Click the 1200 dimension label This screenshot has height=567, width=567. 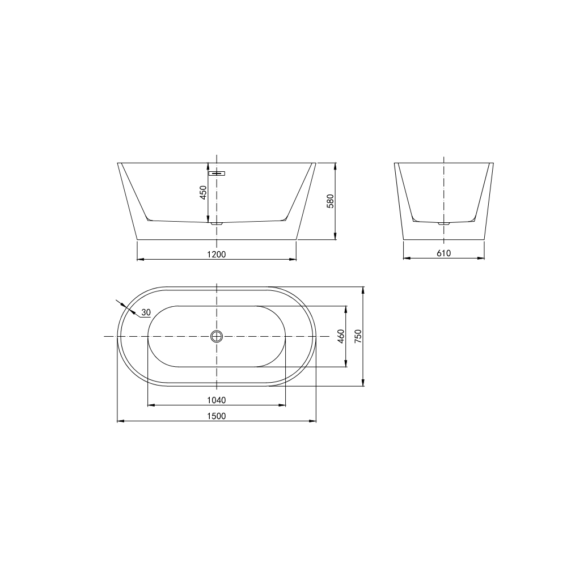216,254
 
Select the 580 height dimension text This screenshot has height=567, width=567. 330,201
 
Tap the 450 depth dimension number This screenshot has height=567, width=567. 203,192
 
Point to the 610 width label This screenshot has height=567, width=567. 444,253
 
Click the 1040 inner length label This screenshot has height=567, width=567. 216,400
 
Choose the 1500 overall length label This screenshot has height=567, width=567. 216,416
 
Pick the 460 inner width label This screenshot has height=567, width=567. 341,336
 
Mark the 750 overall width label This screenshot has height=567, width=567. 358,336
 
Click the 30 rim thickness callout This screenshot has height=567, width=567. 146,312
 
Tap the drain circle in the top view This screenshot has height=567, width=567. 217,336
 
